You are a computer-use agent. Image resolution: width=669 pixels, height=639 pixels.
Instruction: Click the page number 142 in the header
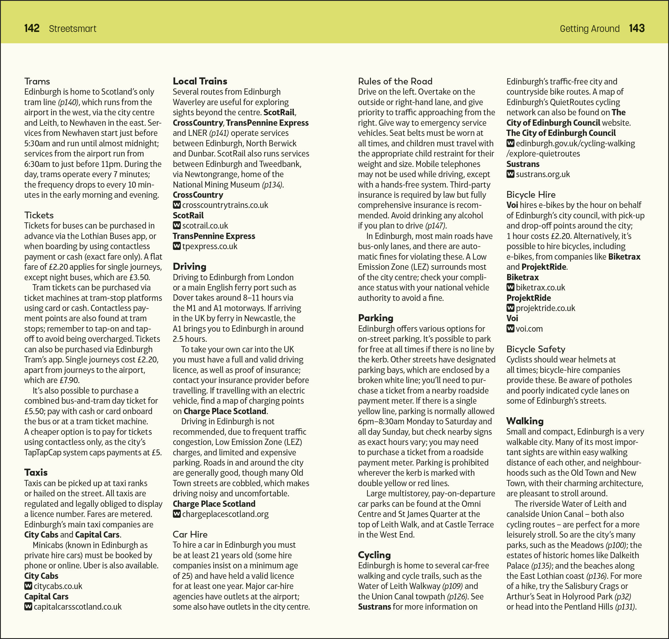(x=32, y=28)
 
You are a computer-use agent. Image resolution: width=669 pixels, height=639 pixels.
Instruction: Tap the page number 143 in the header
(x=636, y=28)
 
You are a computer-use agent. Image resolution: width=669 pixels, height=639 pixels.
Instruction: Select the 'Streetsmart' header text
(x=73, y=29)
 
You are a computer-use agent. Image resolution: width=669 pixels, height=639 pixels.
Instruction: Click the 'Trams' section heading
(x=37, y=81)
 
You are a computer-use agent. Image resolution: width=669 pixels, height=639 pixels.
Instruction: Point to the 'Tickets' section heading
(x=39, y=215)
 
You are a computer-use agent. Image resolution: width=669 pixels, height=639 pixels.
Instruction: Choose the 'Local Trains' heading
(x=200, y=81)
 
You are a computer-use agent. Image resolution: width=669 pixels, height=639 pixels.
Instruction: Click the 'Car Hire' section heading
(x=190, y=534)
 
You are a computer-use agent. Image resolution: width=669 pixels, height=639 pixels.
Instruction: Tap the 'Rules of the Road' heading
(x=395, y=81)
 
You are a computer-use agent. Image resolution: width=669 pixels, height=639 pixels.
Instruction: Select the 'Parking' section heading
(x=375, y=318)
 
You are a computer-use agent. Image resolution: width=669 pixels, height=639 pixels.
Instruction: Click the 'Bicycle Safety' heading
(x=535, y=349)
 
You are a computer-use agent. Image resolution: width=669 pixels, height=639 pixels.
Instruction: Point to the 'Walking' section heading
(x=525, y=421)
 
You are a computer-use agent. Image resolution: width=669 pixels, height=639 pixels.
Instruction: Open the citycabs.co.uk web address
(x=58, y=586)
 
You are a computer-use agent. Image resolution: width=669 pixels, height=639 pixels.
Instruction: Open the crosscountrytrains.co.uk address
(x=225, y=205)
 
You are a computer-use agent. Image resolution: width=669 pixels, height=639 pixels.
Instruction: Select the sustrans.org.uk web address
(x=543, y=174)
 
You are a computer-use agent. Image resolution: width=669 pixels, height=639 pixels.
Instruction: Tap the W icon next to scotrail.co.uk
(x=177, y=225)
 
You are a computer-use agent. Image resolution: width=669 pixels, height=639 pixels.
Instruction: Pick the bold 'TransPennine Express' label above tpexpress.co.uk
(x=214, y=236)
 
